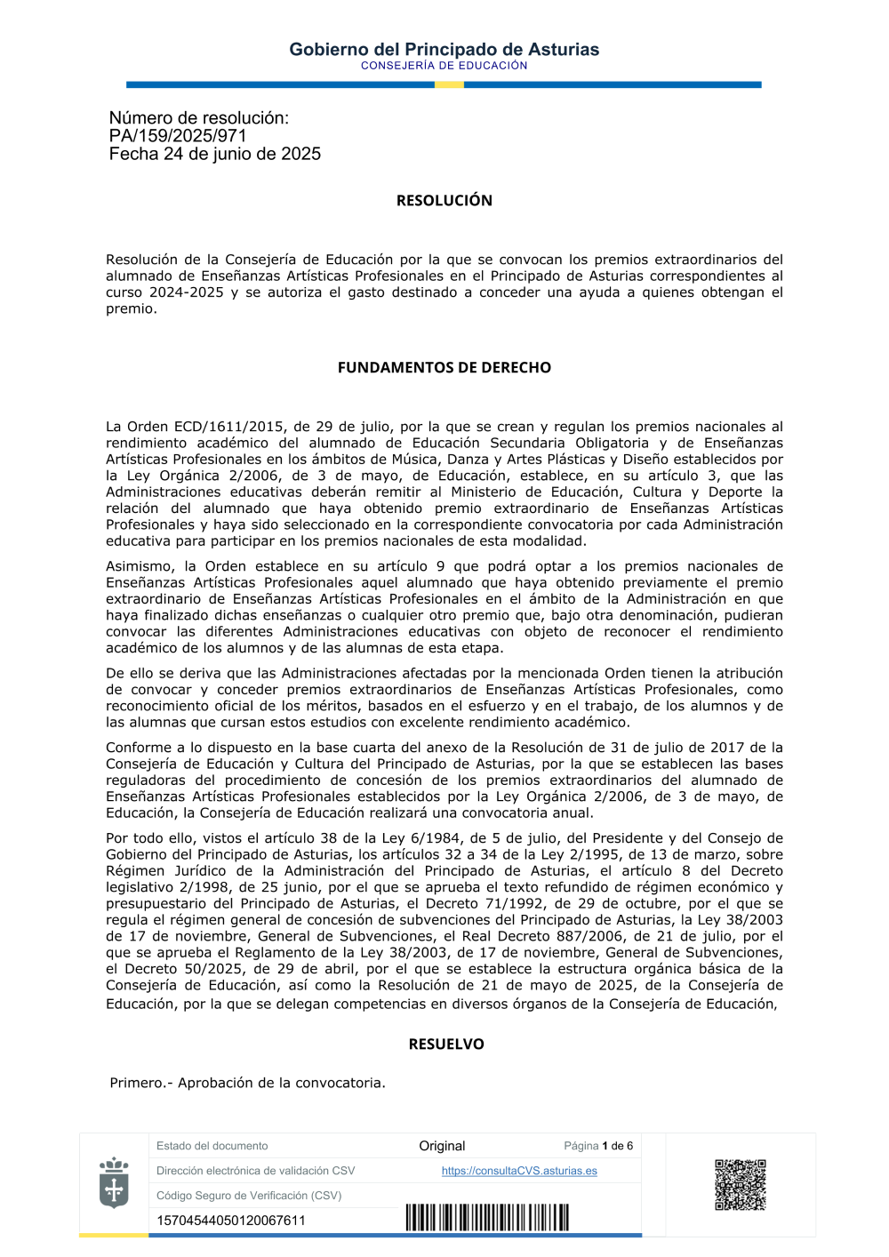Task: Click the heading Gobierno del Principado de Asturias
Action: pos(444,50)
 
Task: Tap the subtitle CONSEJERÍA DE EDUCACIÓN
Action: pos(444,66)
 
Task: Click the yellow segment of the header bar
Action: pos(449,84)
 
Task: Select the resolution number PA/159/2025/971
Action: pos(178,136)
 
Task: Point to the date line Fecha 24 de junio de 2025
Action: pos(214,154)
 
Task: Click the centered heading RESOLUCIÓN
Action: pos(444,201)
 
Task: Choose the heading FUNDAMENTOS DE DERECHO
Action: pos(444,368)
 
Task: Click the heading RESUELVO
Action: pos(445,1045)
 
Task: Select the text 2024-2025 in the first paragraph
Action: pos(186,292)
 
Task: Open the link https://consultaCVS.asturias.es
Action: pos(519,1171)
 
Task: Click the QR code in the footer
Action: pos(740,1184)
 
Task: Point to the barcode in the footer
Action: pos(487,1218)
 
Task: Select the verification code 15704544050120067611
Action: pos(230,1221)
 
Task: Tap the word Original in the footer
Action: pos(442,1146)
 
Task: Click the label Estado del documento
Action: pos(212,1146)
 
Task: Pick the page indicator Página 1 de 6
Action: pos(598,1146)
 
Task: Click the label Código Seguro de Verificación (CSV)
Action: pos(249,1196)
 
